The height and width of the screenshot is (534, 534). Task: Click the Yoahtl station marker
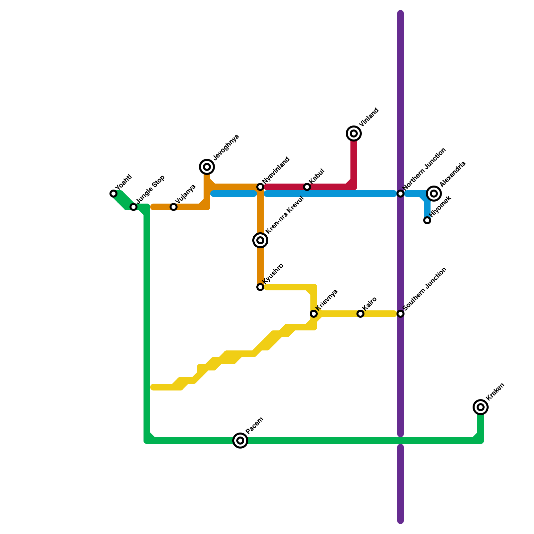113,194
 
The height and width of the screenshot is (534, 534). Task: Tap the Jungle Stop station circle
133,207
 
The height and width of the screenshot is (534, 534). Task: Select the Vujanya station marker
174,207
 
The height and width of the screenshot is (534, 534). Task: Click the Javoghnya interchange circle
207,167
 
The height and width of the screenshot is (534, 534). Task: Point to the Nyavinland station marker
260,187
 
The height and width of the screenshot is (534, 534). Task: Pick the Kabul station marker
307,187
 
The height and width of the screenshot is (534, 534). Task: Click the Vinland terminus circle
354,133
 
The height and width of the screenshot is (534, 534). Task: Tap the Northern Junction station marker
400,194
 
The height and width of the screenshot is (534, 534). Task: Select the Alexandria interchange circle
434,194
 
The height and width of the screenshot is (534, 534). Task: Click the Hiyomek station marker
427,220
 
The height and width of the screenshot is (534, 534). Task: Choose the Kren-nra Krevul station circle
260,240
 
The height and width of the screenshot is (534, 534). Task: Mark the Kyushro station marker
260,287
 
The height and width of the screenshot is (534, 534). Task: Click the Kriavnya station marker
314,314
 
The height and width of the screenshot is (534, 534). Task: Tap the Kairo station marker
360,314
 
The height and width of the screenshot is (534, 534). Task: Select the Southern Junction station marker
400,314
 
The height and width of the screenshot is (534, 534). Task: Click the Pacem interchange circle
240,441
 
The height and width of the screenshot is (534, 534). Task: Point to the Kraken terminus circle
481,407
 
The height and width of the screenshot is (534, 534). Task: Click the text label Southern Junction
425,289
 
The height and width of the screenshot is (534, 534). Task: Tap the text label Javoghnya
226,147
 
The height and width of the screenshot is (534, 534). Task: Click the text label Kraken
495,391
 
